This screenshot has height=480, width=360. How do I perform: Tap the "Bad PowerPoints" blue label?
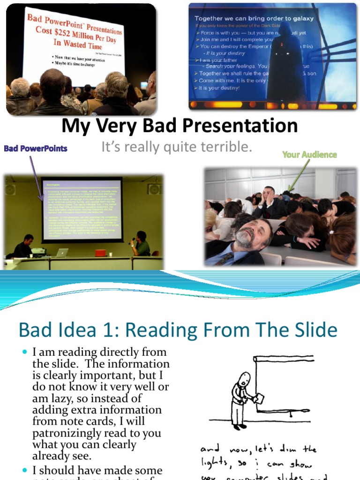(x=36, y=149)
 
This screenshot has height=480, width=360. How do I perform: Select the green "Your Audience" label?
(x=309, y=154)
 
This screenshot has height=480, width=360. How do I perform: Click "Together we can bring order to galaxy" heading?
(x=254, y=18)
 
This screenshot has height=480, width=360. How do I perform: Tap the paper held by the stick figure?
(x=258, y=398)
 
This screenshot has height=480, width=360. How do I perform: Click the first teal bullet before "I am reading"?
(x=25, y=352)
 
